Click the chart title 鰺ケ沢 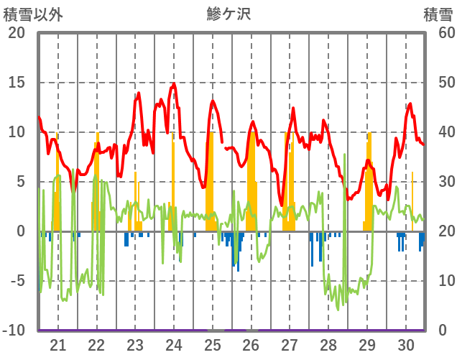pyautogui.click(x=228, y=14)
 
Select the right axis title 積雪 pyautogui.click(x=438, y=14)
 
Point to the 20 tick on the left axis pyautogui.click(x=16, y=33)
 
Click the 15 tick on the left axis pyautogui.click(x=16, y=83)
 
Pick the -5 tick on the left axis pyautogui.click(x=16, y=281)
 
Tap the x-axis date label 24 pyautogui.click(x=174, y=345)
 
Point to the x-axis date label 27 pyautogui.click(x=290, y=345)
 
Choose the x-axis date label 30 pyautogui.click(x=406, y=345)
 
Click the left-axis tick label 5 pyautogui.click(x=21, y=182)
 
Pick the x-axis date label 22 pyautogui.click(x=96, y=345)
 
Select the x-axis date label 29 pyautogui.click(x=367, y=345)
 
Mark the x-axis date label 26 pyautogui.click(x=251, y=345)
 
